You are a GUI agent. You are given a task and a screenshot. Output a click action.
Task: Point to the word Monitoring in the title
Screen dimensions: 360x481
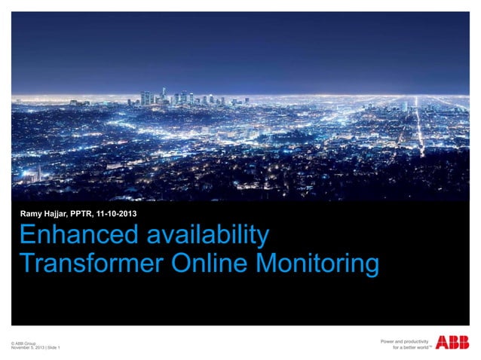click(316, 264)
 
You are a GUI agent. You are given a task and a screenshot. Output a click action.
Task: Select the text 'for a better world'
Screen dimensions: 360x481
click(409, 349)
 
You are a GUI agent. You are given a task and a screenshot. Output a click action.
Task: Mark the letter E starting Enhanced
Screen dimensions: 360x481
click(26, 236)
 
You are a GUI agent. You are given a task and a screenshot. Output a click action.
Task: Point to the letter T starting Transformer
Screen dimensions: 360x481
click(26, 264)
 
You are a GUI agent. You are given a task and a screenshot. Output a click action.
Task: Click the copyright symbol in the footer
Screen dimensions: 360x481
click(13, 343)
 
